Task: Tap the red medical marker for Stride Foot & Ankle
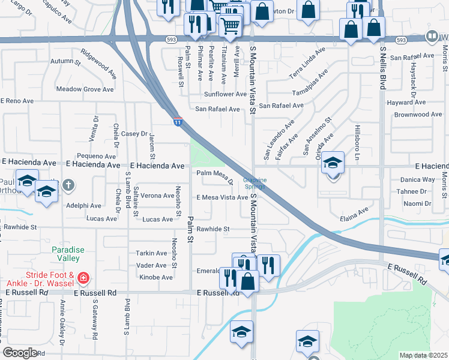[83, 278]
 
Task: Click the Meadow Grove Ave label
[85, 89]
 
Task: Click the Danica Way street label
[417, 179]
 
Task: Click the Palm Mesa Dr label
[215, 175]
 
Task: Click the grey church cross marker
[68, 185]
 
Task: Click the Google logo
[20, 353]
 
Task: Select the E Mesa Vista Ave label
[222, 197]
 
